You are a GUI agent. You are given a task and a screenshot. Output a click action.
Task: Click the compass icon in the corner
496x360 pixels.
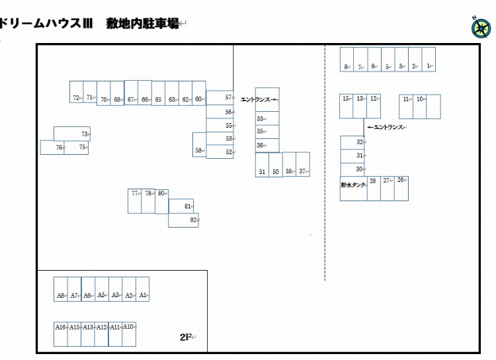coord(481,28)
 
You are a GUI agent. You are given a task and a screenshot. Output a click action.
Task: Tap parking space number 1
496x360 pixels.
coord(429,60)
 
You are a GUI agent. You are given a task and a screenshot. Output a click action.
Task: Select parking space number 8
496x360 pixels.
coord(347,60)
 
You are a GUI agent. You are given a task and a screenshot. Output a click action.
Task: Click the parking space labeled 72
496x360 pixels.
coord(76,92)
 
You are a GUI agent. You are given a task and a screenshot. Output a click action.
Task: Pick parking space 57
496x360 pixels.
coord(220,98)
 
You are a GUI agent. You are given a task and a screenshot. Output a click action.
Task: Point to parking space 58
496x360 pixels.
coord(199,145)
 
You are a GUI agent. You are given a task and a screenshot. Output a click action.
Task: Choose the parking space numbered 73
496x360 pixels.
coord(72,134)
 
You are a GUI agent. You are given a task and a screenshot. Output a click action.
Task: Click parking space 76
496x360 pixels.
coord(52,148)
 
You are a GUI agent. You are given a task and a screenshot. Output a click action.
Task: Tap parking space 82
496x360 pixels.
coord(183,220)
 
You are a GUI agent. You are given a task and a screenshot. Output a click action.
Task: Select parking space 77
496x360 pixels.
coord(134,201)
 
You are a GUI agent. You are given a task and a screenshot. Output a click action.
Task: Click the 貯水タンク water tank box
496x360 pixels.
coord(354,189)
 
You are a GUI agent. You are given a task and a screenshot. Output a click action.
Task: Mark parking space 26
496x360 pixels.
coord(401,189)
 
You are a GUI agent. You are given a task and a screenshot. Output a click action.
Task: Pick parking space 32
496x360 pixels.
coord(352,143)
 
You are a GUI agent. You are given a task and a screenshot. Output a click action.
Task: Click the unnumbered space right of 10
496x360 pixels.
coord(433,107)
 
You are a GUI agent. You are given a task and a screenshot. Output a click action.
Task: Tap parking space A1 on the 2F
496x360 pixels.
coord(143,289)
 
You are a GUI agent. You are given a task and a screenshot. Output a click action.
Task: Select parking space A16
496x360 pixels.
coord(61,334)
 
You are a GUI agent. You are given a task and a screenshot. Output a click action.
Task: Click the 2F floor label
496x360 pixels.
coord(186,337)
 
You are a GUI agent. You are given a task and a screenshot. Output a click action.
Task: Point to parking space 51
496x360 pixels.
coord(263,165)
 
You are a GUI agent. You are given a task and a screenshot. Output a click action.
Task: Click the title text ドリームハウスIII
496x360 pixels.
coord(46,23)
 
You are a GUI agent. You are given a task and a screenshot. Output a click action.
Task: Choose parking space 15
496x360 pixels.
coord(347,107)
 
